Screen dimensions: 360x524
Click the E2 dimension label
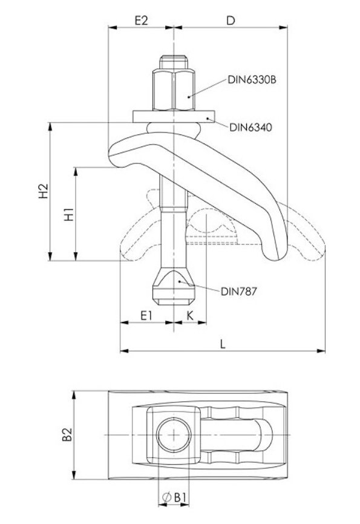(x=141, y=21)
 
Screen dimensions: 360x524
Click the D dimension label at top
(x=231, y=21)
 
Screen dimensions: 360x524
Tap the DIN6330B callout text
(x=252, y=80)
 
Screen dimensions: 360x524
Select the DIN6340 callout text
(x=250, y=127)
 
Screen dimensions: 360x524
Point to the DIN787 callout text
(x=238, y=292)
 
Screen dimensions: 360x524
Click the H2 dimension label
(x=44, y=191)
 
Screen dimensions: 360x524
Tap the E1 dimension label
(x=146, y=315)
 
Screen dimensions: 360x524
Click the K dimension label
(x=190, y=315)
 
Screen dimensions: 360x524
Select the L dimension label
(x=223, y=344)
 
